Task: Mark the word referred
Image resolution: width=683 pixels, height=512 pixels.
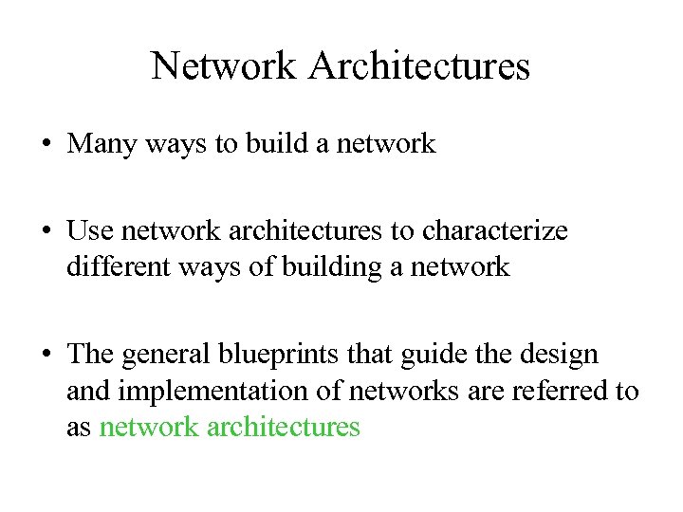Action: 551,390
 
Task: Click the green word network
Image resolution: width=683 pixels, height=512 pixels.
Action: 147,427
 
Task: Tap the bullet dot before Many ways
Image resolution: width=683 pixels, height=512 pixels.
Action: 46,145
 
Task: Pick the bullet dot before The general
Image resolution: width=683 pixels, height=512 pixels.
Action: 46,356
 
